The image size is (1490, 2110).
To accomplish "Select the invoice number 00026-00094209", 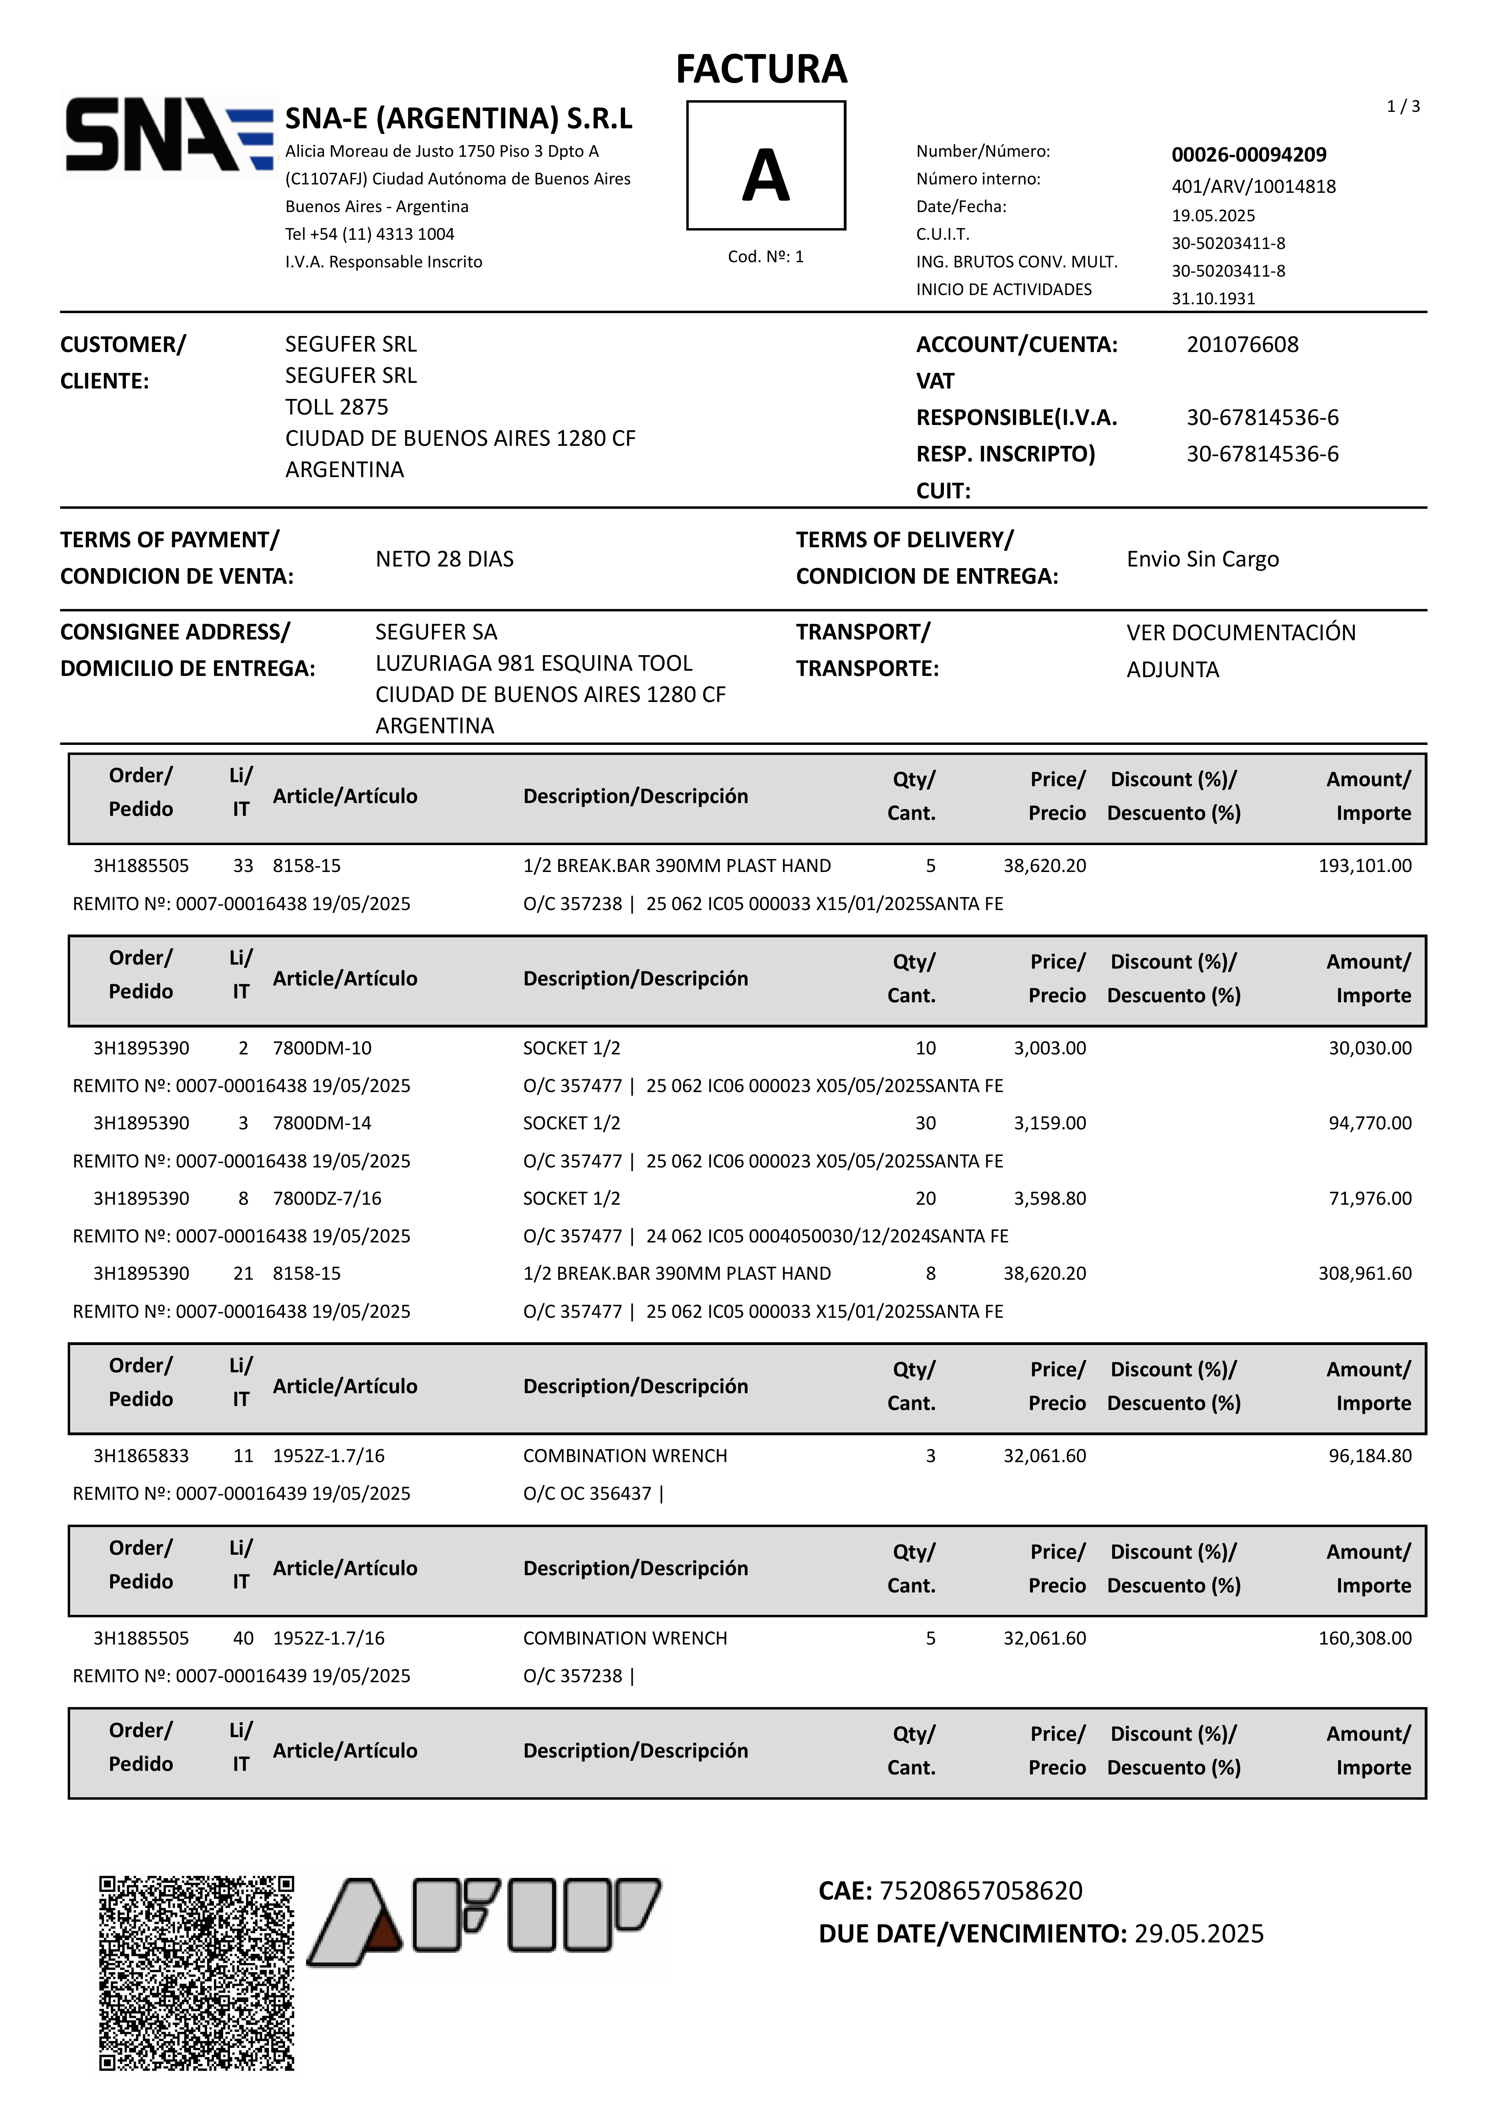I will point(1248,154).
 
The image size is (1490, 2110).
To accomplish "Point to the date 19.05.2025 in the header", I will point(1213,215).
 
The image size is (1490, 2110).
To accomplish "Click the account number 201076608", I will point(1242,345).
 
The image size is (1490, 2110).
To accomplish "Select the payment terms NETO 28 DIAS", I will point(445,559).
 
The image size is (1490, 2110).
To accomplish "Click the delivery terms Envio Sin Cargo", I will point(1202,559).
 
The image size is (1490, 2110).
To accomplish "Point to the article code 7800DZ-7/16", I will point(327,1198).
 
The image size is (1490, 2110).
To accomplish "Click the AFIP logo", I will point(484,1921).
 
